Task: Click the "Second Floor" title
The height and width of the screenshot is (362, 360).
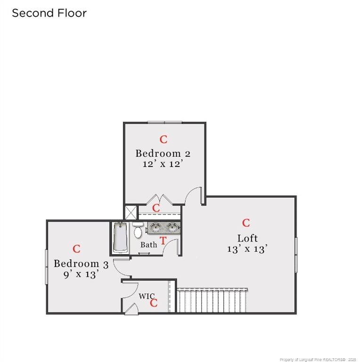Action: (x=49, y=13)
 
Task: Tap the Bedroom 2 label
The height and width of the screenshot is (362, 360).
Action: (x=163, y=154)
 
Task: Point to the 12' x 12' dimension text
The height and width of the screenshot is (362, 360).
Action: (x=163, y=164)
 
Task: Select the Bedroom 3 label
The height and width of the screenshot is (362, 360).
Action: (x=81, y=264)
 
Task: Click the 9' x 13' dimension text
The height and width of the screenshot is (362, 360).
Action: (x=81, y=274)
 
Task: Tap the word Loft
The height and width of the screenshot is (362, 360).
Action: (x=247, y=238)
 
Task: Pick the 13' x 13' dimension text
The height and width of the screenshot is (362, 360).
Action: (x=247, y=249)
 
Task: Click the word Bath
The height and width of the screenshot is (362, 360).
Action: (x=148, y=245)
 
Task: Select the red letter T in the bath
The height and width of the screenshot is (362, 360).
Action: (x=163, y=241)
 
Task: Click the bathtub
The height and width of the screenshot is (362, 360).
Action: (x=120, y=238)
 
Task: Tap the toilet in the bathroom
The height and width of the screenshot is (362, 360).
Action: (x=138, y=230)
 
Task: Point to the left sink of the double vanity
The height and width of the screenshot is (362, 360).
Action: (x=155, y=227)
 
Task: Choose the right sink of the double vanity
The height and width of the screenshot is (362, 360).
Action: (x=172, y=227)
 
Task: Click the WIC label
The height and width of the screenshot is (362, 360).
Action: (x=147, y=296)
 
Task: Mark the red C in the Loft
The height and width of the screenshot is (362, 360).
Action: (x=246, y=223)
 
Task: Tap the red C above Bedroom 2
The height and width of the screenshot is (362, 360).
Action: (x=164, y=140)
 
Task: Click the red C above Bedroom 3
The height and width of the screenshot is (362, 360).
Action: (x=76, y=249)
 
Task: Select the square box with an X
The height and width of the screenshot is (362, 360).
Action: (x=131, y=213)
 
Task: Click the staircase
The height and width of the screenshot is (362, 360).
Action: (x=212, y=300)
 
